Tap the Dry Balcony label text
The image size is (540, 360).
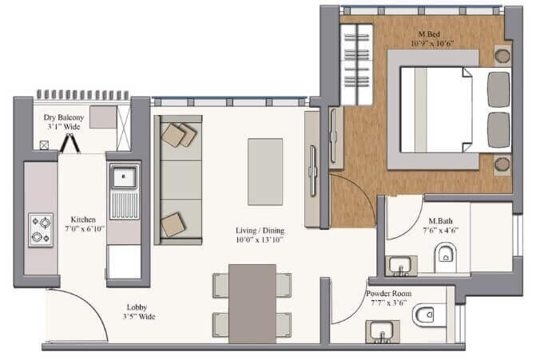(63, 117)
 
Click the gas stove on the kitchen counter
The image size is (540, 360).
(41, 229)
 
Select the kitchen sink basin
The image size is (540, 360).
(124, 176)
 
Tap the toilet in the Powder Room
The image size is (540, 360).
(423, 317)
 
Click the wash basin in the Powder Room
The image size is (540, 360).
(383, 330)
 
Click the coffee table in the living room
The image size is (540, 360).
(265, 172)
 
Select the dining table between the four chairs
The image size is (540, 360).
(252, 304)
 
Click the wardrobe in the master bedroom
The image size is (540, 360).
(356, 64)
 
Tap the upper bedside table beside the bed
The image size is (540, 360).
(501, 56)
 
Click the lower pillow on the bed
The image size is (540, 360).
(498, 129)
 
